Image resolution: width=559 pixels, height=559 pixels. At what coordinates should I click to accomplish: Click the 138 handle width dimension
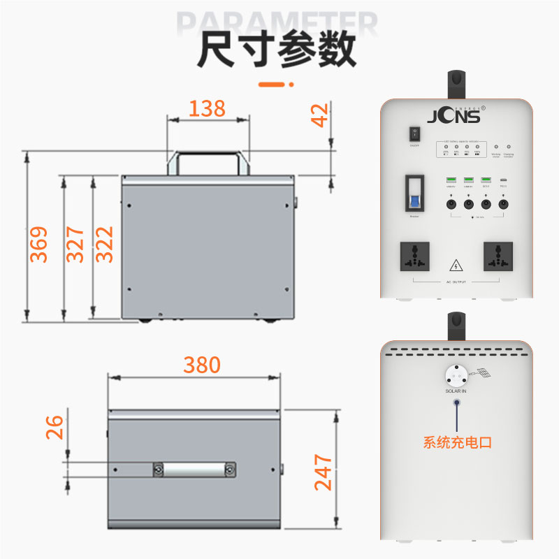(208, 108)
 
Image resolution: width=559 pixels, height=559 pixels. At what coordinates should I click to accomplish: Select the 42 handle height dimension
(319, 116)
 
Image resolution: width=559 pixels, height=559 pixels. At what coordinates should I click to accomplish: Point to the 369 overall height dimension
(39, 244)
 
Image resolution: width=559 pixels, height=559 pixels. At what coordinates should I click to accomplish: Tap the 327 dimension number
(75, 244)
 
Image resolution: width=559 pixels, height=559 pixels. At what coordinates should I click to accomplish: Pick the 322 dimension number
(104, 244)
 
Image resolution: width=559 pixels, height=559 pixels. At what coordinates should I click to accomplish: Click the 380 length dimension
(202, 365)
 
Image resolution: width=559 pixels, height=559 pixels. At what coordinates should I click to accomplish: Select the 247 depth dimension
(323, 472)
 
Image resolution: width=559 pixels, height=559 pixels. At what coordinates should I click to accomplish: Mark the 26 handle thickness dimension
(55, 426)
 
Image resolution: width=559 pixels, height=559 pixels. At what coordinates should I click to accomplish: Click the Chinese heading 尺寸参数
(277, 50)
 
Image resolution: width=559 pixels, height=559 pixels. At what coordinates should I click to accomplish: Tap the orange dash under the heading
(275, 85)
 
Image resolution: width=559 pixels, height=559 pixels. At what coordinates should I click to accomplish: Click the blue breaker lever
(414, 202)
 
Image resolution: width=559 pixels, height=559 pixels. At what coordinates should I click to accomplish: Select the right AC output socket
(498, 257)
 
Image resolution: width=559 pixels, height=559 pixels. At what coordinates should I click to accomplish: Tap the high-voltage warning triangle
(456, 266)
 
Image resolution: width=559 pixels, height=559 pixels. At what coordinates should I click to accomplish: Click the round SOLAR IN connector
(456, 375)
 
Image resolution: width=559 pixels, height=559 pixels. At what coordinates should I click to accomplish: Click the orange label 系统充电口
(458, 442)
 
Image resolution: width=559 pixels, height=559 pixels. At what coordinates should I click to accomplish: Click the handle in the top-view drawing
(195, 470)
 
